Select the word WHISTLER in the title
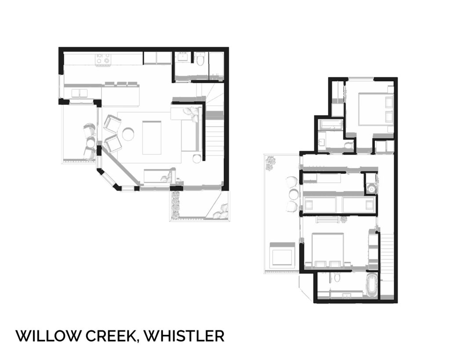coord(184,336)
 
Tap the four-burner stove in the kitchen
coord(104,59)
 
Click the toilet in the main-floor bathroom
coord(200,59)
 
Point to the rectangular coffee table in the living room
coord(152,137)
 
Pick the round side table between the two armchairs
coord(128,134)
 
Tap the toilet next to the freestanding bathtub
coord(337,278)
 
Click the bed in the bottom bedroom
coord(329,250)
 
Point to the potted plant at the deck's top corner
coord(270,163)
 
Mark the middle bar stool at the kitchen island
coord(121,84)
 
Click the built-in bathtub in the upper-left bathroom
coord(330,125)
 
